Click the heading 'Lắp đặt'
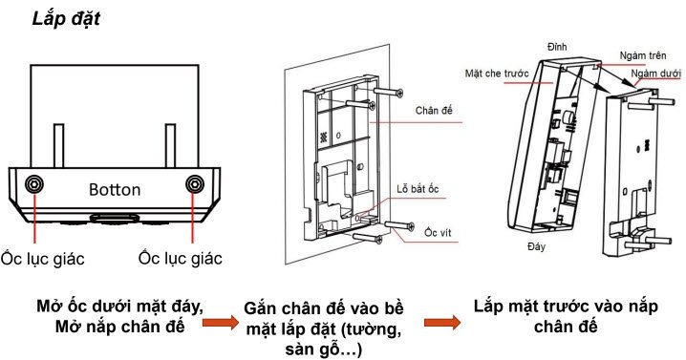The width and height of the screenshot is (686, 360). pyautogui.click(x=66, y=19)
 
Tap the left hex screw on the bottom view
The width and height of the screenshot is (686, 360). pyautogui.click(x=34, y=184)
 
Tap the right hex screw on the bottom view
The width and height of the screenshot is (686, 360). pyautogui.click(x=195, y=184)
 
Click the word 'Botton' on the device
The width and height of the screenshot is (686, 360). pyautogui.click(x=115, y=190)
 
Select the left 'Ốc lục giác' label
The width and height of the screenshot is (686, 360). pyautogui.click(x=42, y=259)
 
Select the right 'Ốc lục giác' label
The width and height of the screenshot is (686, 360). pyautogui.click(x=181, y=258)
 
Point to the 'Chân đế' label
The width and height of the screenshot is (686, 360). pyautogui.click(x=434, y=110)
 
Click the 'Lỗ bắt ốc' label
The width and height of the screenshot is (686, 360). pyautogui.click(x=418, y=189)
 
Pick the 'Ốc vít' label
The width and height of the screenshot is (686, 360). pyautogui.click(x=438, y=232)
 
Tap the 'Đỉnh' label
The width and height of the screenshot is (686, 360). pyautogui.click(x=557, y=47)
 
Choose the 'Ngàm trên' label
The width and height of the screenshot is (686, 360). pyautogui.click(x=643, y=55)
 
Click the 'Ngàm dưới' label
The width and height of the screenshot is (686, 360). pyautogui.click(x=655, y=73)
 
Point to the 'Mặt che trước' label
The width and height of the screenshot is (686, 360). pyautogui.click(x=497, y=73)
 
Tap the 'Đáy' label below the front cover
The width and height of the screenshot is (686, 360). pyautogui.click(x=536, y=246)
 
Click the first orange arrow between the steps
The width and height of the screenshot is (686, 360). pyautogui.click(x=221, y=323)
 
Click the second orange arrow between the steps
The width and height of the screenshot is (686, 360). pyautogui.click(x=442, y=323)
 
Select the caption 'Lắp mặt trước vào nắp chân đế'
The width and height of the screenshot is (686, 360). pyautogui.click(x=566, y=316)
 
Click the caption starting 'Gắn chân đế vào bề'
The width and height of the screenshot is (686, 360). pyautogui.click(x=323, y=328)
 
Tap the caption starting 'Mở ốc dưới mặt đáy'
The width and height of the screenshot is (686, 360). pyautogui.click(x=119, y=316)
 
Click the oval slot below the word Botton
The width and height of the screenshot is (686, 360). pyautogui.click(x=115, y=218)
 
